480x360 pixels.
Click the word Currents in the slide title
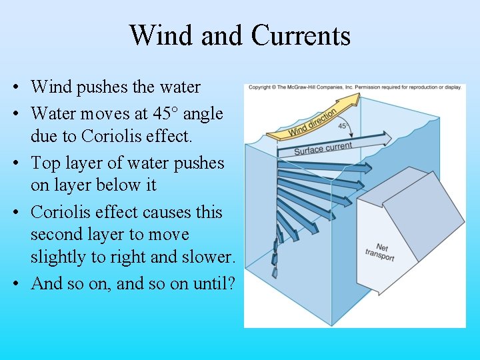point(301,35)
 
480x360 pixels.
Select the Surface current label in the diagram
point(323,149)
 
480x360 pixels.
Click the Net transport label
point(379,253)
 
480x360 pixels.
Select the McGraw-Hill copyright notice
point(354,87)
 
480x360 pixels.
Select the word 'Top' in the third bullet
point(45,163)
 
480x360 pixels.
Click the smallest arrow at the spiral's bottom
point(273,273)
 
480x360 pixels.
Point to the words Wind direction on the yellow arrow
point(312,123)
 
